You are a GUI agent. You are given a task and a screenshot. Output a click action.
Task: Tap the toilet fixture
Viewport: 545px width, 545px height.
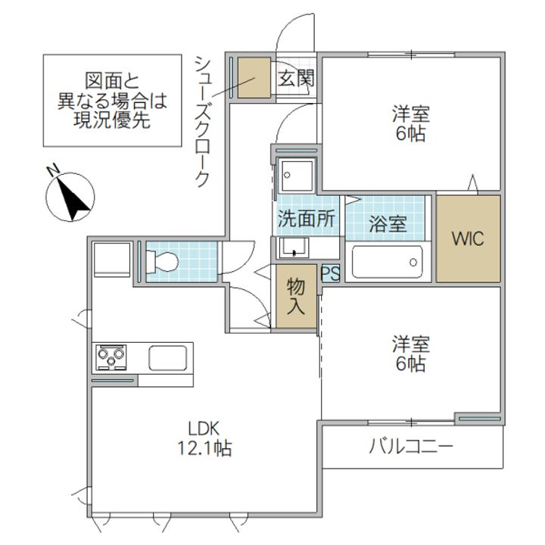[x=163, y=262]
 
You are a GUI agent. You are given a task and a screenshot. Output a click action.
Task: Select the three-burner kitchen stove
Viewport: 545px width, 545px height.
[x=111, y=357]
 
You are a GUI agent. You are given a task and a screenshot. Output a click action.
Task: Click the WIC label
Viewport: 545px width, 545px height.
[x=467, y=238]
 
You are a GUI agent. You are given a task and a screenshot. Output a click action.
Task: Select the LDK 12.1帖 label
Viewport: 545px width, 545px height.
[x=200, y=437]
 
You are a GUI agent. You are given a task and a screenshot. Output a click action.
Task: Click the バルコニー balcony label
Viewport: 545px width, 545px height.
[x=411, y=446]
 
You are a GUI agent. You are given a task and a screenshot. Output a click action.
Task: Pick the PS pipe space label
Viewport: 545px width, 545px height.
[x=330, y=273]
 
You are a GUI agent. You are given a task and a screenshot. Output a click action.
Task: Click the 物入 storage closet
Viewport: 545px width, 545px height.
[x=296, y=296]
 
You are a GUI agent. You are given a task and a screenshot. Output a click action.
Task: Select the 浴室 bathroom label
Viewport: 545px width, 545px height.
[x=387, y=224]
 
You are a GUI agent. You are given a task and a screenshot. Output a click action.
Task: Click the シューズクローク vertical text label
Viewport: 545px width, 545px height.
[x=201, y=120]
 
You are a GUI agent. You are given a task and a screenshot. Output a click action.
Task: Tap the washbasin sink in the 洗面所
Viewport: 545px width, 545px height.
[x=294, y=247]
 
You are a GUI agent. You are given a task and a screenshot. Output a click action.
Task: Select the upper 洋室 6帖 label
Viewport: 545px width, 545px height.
[x=410, y=125]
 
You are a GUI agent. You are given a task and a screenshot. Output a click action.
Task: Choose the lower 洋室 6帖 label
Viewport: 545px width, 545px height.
[x=410, y=353]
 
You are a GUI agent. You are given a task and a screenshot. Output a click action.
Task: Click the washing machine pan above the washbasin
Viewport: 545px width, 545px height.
[x=297, y=176]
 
